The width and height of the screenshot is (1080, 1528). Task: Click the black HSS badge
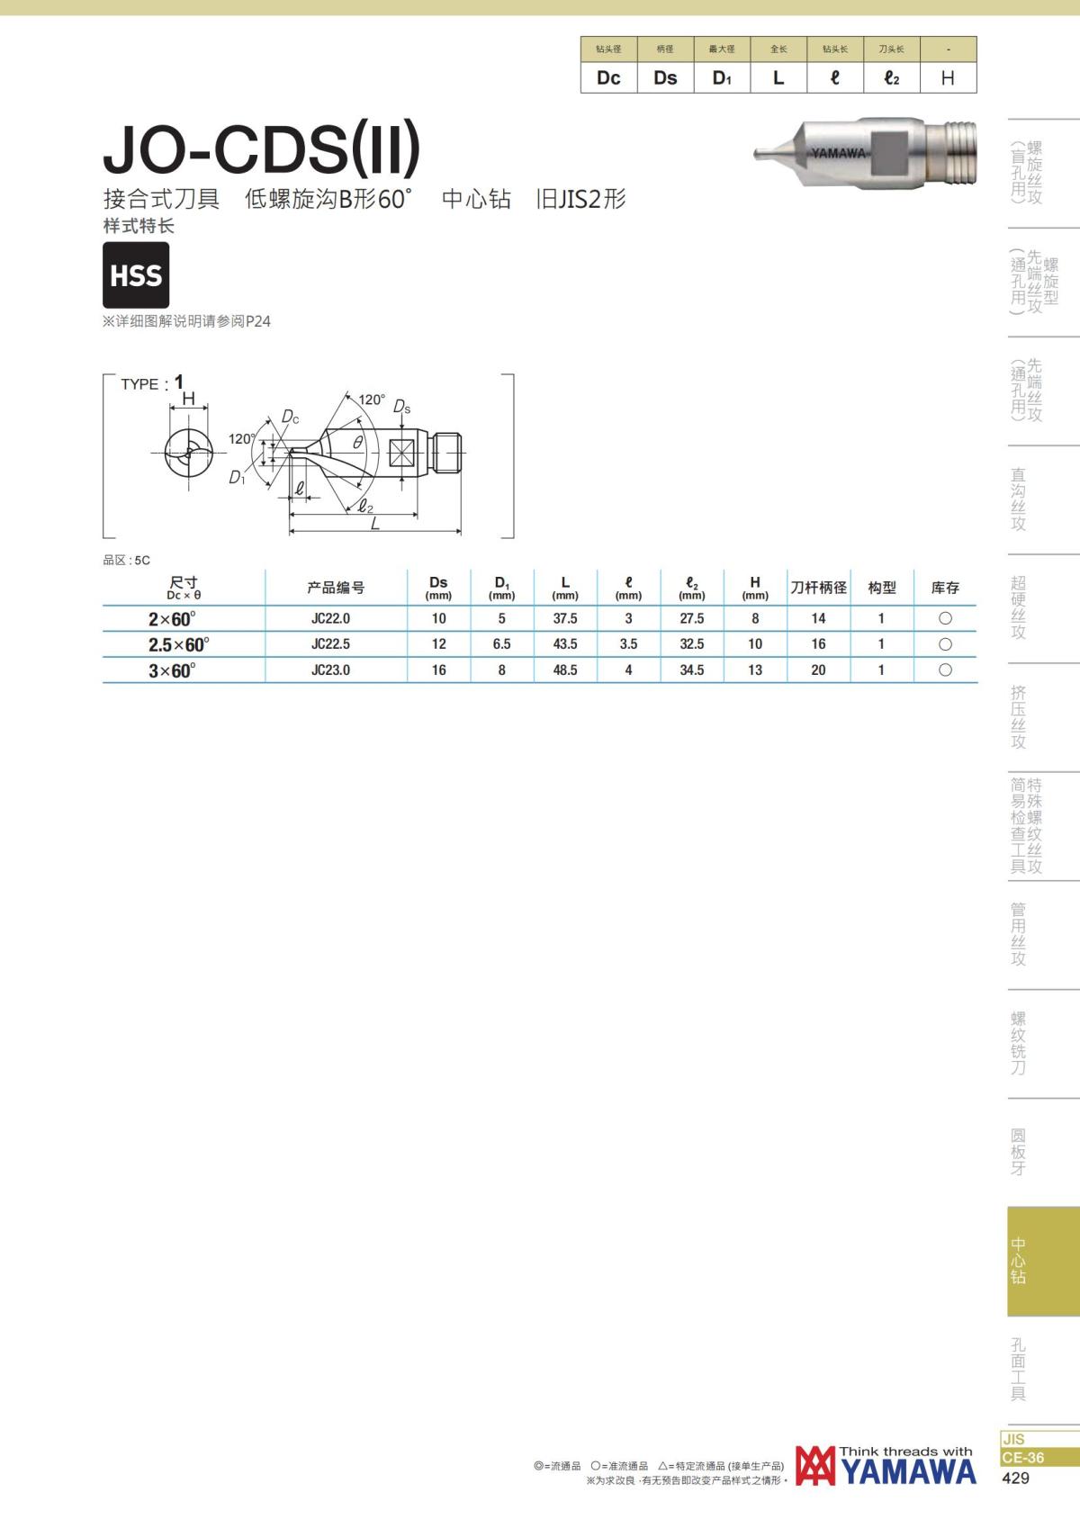point(136,274)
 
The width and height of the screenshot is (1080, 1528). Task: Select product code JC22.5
point(331,644)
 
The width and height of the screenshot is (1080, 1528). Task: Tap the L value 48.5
point(565,670)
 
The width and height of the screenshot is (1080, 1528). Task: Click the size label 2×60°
point(172,619)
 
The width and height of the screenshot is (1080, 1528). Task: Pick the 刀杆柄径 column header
point(819,588)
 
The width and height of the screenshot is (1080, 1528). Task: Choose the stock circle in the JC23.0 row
point(945,670)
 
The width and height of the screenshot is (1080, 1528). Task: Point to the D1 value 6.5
point(501,644)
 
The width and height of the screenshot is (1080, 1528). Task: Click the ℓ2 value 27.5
point(692,619)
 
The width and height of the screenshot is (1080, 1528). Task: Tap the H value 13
point(754,670)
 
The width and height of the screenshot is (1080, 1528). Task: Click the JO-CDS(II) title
point(261,148)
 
